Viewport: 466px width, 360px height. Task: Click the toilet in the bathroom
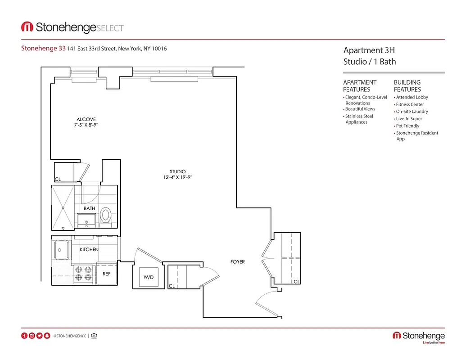106,215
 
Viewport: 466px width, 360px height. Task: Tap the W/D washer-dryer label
149,277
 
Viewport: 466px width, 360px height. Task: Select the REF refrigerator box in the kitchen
107,273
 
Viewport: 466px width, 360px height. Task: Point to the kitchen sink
61,249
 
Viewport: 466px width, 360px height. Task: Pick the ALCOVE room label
86,119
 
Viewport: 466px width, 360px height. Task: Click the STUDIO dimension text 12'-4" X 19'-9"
178,177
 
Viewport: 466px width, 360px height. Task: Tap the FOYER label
238,261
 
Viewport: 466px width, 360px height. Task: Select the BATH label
89,208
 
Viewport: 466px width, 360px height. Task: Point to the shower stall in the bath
63,207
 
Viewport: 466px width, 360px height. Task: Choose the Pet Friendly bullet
407,126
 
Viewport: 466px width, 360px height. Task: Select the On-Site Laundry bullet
412,112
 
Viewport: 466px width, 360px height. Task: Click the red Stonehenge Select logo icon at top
27,27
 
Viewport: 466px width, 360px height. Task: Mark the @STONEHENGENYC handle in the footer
69,336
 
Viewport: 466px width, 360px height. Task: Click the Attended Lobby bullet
412,97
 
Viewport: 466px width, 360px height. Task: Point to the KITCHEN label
89,249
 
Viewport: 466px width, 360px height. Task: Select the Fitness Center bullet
410,104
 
